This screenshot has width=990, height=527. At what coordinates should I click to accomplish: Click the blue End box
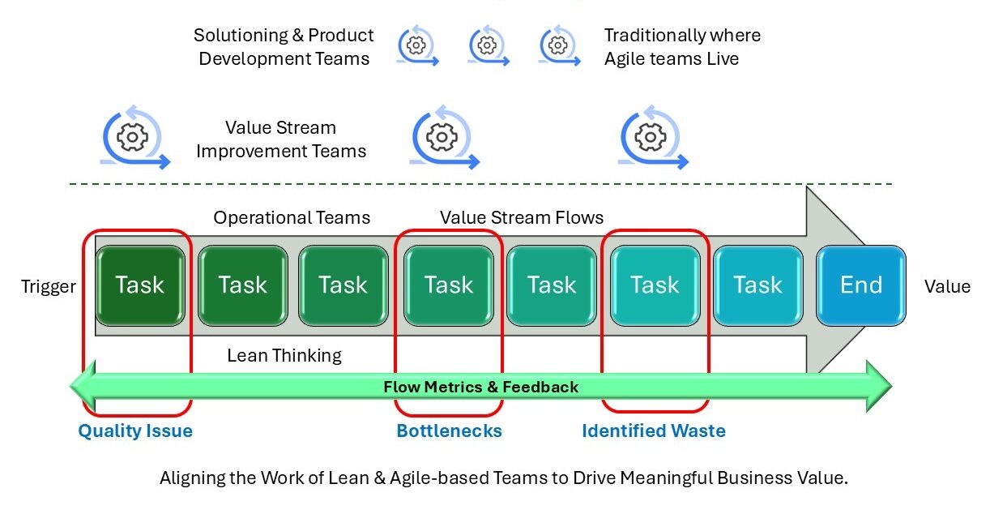coord(860,285)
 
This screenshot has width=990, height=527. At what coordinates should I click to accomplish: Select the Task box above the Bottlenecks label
coord(448,285)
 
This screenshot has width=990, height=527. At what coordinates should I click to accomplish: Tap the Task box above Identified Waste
coord(655,285)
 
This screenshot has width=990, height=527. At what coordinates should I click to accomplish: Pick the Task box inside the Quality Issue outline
coord(139,285)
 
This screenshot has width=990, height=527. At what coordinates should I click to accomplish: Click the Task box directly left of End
coord(757,285)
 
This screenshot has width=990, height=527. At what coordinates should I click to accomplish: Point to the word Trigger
coord(49,286)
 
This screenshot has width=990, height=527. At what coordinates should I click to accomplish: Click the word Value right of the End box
coord(947,286)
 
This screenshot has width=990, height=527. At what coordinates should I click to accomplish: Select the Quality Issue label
coord(135,431)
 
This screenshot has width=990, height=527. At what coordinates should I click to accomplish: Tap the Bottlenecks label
coord(449,431)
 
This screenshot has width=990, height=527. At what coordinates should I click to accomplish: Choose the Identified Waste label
coord(653,431)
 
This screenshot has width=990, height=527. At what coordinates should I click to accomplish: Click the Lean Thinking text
coord(284,355)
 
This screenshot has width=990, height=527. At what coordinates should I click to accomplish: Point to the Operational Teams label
coord(292,217)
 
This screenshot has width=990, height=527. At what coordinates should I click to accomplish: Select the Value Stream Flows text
coord(522,217)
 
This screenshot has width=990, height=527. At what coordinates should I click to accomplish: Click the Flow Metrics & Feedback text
coord(481,387)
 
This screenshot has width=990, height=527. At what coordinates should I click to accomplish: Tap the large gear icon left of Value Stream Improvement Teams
coord(134,139)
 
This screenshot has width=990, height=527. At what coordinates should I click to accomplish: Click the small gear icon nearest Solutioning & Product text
coord(417,46)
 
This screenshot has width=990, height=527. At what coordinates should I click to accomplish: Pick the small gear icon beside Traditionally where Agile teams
coord(559,46)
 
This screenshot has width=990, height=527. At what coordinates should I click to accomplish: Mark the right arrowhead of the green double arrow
coord(878,386)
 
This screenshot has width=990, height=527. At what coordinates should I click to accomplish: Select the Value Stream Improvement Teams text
coord(281,139)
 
